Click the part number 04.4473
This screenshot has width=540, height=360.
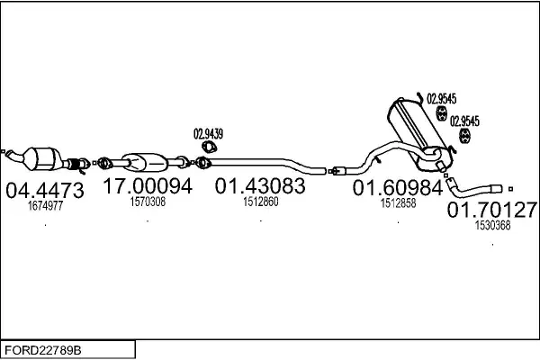coord(45,190)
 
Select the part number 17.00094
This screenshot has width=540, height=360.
coord(148,186)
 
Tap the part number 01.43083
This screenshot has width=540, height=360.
coord(260,186)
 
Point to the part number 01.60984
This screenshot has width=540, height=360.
coord(398,188)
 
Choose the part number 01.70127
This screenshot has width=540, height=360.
coord(492,210)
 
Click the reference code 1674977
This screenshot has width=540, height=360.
coord(46,206)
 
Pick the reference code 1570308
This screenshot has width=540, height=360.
coord(148,202)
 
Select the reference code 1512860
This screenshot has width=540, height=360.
coord(261,202)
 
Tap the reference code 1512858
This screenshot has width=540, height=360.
coord(398,203)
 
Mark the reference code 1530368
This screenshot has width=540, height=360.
coord(492,225)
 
